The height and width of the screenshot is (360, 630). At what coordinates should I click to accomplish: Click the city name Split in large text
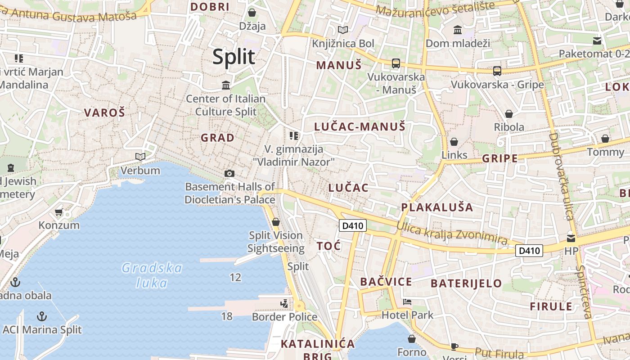pyautogui.click(x=234, y=57)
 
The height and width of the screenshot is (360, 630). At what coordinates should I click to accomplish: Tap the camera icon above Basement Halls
pyautogui.click(x=229, y=173)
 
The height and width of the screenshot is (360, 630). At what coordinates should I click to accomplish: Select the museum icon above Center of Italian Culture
pyautogui.click(x=226, y=85)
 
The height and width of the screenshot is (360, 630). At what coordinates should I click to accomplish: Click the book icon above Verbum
pyautogui.click(x=140, y=157)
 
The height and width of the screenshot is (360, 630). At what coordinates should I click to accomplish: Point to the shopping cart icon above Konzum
pyautogui.click(x=58, y=211)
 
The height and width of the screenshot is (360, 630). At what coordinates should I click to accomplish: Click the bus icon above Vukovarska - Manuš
pyautogui.click(x=396, y=63)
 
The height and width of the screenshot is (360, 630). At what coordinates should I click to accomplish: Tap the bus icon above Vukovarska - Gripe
pyautogui.click(x=497, y=71)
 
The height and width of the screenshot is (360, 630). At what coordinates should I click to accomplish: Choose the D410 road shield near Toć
pyautogui.click(x=352, y=225)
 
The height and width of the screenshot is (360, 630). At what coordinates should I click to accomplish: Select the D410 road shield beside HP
pyautogui.click(x=529, y=251)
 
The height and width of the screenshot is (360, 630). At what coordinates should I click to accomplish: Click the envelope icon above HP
pyautogui.click(x=571, y=238)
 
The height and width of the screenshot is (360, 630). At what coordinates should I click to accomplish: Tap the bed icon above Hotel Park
pyautogui.click(x=407, y=302)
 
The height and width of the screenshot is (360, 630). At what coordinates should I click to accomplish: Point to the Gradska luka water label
pyautogui.click(x=152, y=275)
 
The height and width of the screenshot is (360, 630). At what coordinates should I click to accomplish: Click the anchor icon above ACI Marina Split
pyautogui.click(x=42, y=316)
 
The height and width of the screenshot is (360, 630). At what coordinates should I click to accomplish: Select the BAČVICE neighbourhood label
pyautogui.click(x=386, y=282)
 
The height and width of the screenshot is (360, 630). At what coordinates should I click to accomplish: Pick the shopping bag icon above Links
pyautogui.click(x=454, y=142)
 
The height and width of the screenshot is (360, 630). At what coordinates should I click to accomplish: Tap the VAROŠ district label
pyautogui.click(x=104, y=112)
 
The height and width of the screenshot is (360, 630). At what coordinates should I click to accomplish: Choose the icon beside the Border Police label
pyautogui.click(x=284, y=304)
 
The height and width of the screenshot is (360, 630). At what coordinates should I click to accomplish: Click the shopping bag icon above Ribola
pyautogui.click(x=509, y=114)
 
